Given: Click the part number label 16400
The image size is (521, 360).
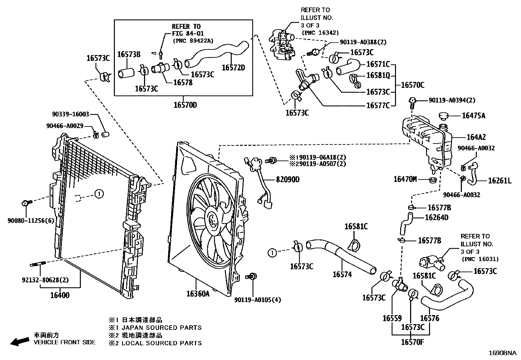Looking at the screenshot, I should point(60,295).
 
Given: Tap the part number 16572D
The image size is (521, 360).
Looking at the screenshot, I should point(233,68).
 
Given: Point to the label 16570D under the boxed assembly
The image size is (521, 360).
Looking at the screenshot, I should point(185,105).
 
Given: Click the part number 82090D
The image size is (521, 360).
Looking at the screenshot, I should point(288,180).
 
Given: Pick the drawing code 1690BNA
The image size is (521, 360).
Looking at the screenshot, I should point(502,353).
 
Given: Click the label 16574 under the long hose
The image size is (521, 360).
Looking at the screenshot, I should point(342,275).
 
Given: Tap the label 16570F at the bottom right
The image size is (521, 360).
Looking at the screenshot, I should point(412,342).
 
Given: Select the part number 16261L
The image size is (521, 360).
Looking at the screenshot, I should point(499,180).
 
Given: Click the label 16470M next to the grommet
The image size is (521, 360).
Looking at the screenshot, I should point(405,179).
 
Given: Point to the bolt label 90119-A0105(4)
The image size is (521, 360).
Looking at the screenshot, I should point(258,300).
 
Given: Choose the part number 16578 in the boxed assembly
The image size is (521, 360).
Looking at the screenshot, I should point(183,83).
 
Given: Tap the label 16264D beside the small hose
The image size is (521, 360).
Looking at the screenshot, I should point(437,218).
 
